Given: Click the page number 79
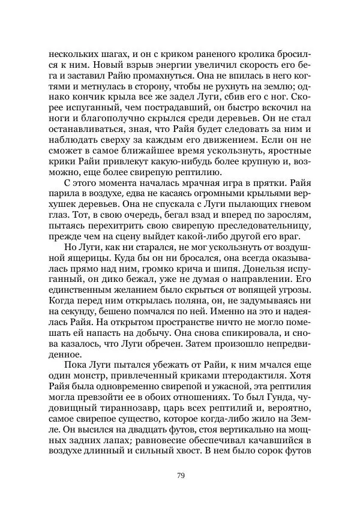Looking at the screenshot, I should [x=180, y=476].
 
